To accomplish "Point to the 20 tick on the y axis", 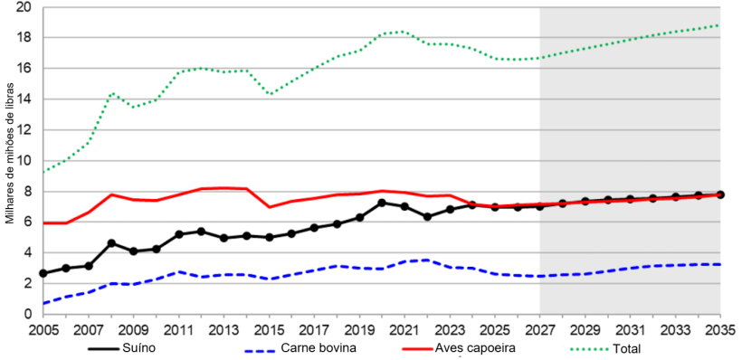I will [24, 7].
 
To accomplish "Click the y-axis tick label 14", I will [24, 99].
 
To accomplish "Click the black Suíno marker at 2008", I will [111, 243].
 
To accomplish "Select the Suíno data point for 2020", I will [382, 203].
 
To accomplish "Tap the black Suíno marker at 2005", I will [43, 273].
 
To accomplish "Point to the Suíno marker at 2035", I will [720, 194].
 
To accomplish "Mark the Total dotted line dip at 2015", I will [269, 94].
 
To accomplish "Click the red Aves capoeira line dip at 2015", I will [269, 207].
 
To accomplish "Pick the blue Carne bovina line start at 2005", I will [43, 303].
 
